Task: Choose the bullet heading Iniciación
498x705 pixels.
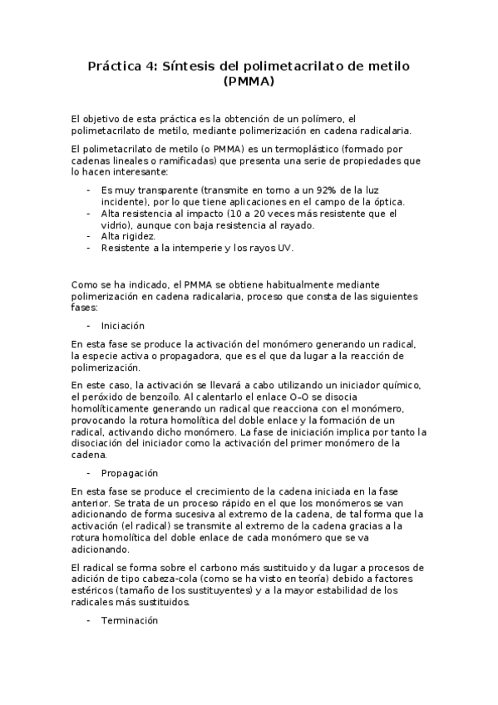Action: point(122,326)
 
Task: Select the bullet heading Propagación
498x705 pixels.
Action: point(129,472)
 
